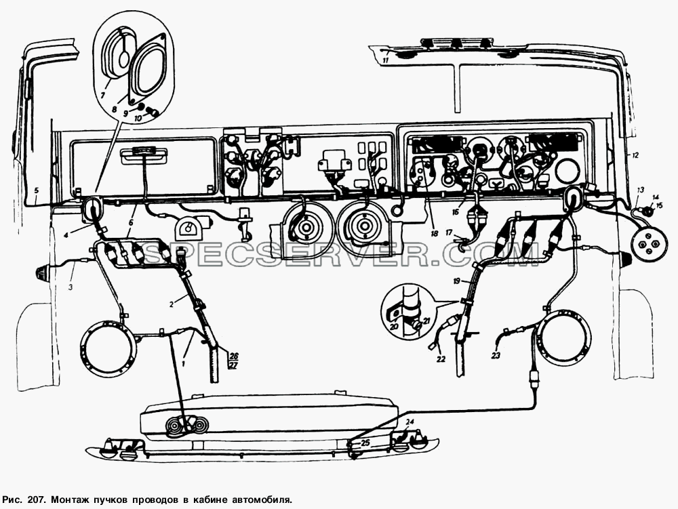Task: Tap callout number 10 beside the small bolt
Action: pyautogui.click(x=137, y=118)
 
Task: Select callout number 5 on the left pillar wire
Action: pyautogui.click(x=37, y=190)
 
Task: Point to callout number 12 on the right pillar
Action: pyautogui.click(x=635, y=155)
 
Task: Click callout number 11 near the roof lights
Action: pyautogui.click(x=386, y=60)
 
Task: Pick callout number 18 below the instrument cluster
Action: pyautogui.click(x=434, y=233)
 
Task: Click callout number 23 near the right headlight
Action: pyautogui.click(x=496, y=355)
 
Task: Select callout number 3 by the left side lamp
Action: pyautogui.click(x=71, y=287)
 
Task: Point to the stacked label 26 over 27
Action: pyautogui.click(x=233, y=361)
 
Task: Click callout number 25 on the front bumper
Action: pyautogui.click(x=365, y=443)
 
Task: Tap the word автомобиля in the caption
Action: pyautogui.click(x=262, y=500)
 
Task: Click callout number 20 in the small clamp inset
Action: pyautogui.click(x=393, y=327)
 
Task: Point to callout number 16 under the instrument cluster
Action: pyautogui.click(x=456, y=211)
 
